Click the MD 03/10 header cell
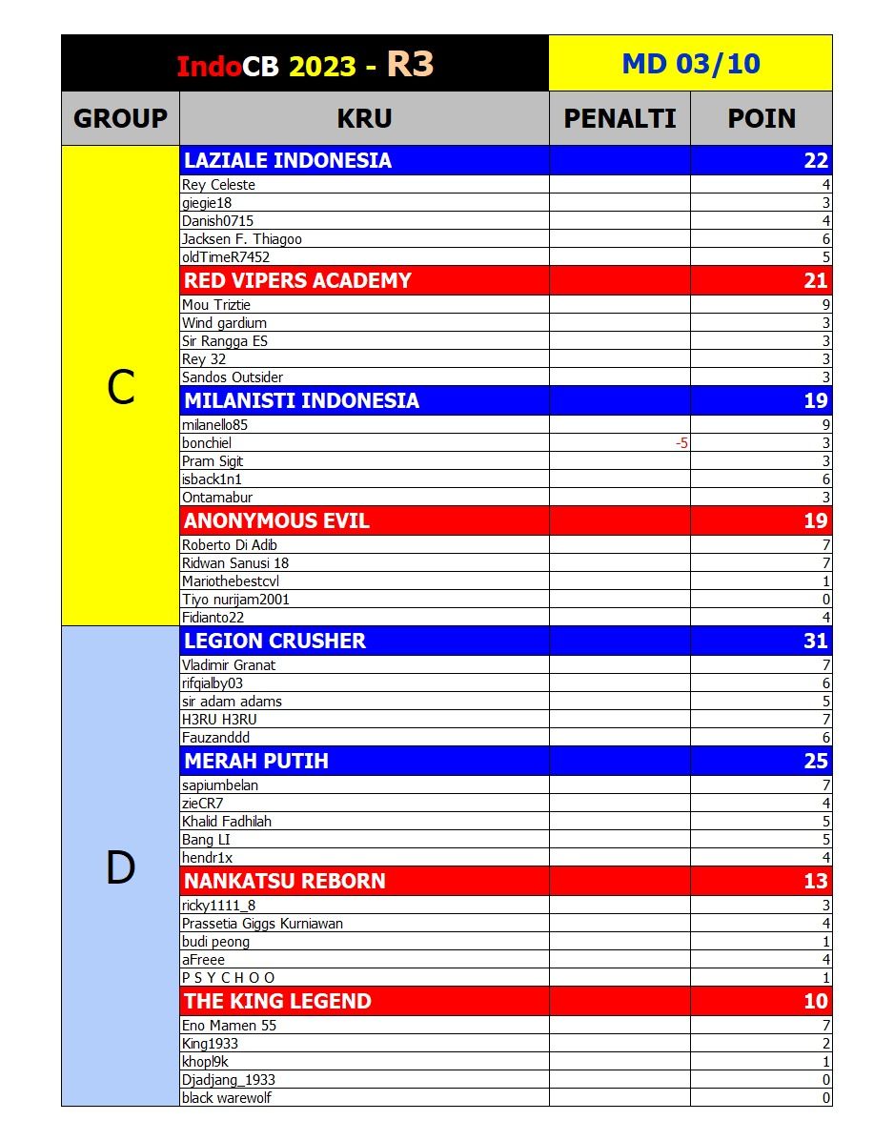tap(690, 64)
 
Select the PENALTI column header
tap(620, 118)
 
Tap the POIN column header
tap(762, 118)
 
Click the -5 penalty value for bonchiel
tap(681, 443)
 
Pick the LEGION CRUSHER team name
tap(274, 641)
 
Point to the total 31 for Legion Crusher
tap(815, 641)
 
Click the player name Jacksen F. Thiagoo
tap(242, 239)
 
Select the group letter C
tap(120, 387)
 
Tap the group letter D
tap(120, 867)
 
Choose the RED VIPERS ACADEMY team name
tap(297, 280)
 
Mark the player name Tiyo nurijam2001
tap(235, 600)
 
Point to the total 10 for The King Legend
tap(815, 1001)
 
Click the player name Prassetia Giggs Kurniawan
tap(262, 924)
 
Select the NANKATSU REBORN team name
tap(285, 881)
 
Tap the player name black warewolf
tap(227, 1098)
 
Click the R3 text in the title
tap(410, 64)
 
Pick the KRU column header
tap(364, 118)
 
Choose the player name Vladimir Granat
tap(229, 665)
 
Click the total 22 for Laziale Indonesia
tap(816, 160)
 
